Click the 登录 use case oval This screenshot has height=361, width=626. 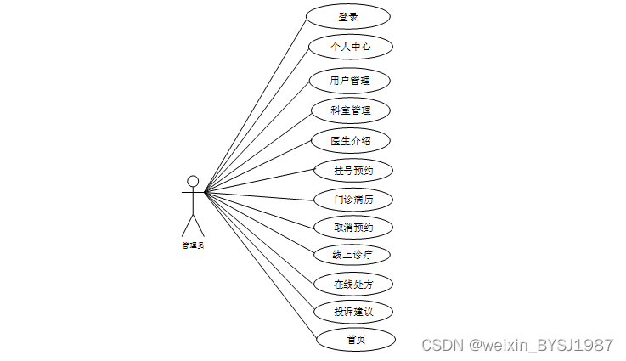click(x=348, y=16)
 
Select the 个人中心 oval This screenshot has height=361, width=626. click(x=351, y=46)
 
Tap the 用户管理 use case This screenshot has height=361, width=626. click(x=350, y=81)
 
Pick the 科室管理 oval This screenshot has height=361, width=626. click(x=350, y=110)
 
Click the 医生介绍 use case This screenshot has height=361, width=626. click(x=350, y=140)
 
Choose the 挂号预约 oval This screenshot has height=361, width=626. click(x=353, y=171)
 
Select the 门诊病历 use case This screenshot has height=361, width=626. click(x=353, y=200)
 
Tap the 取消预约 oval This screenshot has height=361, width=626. click(x=353, y=228)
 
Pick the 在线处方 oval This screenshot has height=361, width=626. click(x=353, y=284)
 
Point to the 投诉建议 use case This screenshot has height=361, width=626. click(x=353, y=312)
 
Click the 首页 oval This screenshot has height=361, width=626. click(x=356, y=340)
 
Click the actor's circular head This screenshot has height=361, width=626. click(x=193, y=181)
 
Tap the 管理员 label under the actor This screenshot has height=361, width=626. click(x=193, y=245)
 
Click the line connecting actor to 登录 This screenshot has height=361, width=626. click(x=255, y=105)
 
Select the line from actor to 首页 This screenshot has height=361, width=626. click(x=259, y=265)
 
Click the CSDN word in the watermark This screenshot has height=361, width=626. click(x=440, y=345)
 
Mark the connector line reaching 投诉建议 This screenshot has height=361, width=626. click(x=259, y=251)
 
